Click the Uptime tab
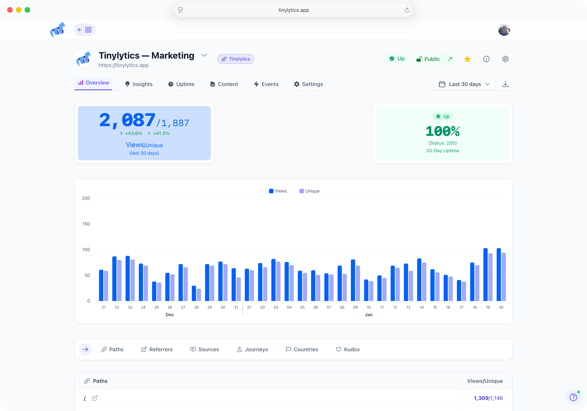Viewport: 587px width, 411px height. (181, 84)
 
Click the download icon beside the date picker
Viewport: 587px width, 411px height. (505, 84)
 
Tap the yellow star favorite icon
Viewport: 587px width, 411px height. (467, 59)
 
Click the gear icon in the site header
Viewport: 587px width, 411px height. (505, 59)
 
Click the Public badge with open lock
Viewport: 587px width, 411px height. (428, 59)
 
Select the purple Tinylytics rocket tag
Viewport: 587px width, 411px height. (236, 59)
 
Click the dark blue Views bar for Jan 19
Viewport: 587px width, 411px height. (485, 275)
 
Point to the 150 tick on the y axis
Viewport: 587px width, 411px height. (86, 224)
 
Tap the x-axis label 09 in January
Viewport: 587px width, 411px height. (355, 307)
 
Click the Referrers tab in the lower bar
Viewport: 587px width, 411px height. (157, 349)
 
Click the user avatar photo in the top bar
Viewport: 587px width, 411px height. (504, 30)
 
